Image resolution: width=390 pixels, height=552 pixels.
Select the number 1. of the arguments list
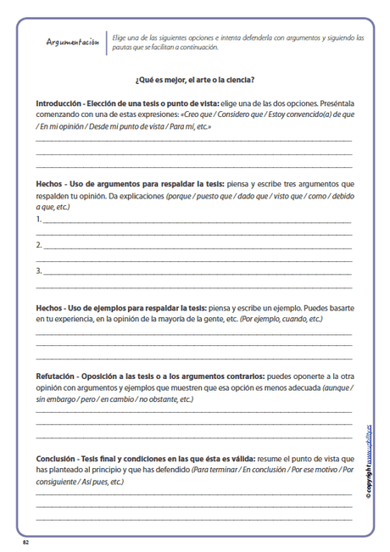(39, 219)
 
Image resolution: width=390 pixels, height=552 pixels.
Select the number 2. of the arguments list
(39, 245)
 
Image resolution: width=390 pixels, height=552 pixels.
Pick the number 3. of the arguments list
(39, 271)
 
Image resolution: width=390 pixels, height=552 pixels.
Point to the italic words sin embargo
(54, 399)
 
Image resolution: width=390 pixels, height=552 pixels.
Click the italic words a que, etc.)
(53, 206)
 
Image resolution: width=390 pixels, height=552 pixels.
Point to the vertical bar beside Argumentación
(108, 43)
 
